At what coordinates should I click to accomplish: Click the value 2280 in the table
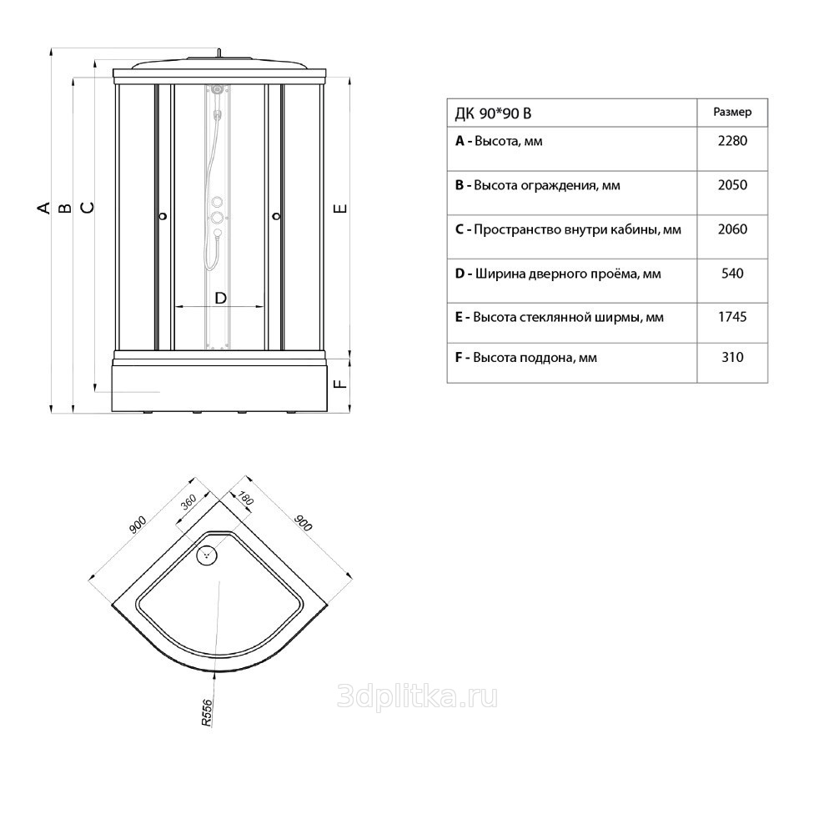pyautogui.click(x=732, y=141)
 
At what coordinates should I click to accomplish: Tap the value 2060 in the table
pyautogui.click(x=732, y=229)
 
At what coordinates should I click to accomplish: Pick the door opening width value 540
pyautogui.click(x=732, y=274)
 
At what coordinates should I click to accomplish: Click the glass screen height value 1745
pyautogui.click(x=732, y=317)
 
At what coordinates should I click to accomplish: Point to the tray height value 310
pyautogui.click(x=732, y=357)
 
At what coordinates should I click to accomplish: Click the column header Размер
pyautogui.click(x=732, y=113)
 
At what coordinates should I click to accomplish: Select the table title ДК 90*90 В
pyautogui.click(x=493, y=113)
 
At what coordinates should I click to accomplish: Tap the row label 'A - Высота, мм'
pyautogui.click(x=499, y=142)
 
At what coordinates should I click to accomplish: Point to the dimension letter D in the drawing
pyautogui.click(x=220, y=299)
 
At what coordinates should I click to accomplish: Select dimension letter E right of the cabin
pyautogui.click(x=341, y=208)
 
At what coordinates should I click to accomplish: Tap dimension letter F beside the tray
pyautogui.click(x=341, y=383)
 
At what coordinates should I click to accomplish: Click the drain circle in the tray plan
pyautogui.click(x=207, y=555)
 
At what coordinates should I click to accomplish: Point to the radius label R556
pyautogui.click(x=207, y=713)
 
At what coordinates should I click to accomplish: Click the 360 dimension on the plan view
pyautogui.click(x=188, y=502)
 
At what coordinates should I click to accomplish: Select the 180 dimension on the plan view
pyautogui.click(x=245, y=499)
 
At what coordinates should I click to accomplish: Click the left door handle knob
pyautogui.click(x=163, y=216)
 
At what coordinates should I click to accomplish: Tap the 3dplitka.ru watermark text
pyautogui.click(x=418, y=696)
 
